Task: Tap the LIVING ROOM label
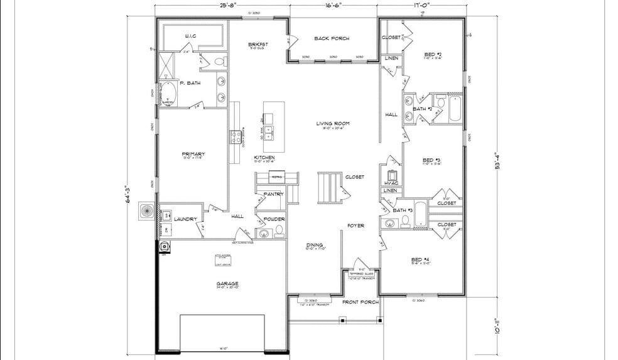(332, 123)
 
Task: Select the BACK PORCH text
(332, 38)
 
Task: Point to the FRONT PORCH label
(360, 302)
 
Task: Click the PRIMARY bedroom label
(193, 154)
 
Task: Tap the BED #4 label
(420, 259)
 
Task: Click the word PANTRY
(273, 194)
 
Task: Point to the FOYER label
(355, 225)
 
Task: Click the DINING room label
(314, 245)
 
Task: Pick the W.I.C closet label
(190, 36)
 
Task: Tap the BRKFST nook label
(258, 44)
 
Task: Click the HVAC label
(390, 183)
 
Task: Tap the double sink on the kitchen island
(269, 132)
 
